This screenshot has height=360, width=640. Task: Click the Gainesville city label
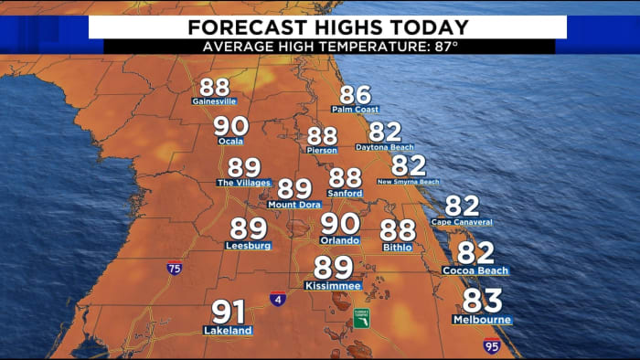214,101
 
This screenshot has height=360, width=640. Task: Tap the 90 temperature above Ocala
229,127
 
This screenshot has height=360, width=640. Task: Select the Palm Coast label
355,110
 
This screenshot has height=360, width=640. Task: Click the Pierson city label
322,150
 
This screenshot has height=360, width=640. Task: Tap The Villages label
243,183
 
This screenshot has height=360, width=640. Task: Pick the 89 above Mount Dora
294,188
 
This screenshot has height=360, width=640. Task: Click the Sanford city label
346,194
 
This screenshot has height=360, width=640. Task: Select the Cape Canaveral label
462,222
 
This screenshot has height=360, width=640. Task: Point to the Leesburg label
248,245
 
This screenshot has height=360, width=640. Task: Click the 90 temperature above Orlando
339,223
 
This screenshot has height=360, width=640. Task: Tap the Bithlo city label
398,247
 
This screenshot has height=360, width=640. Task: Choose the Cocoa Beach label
475,270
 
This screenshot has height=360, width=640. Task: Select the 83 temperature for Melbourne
482,300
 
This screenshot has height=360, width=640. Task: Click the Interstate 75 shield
174,269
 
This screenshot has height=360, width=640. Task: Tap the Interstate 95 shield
491,345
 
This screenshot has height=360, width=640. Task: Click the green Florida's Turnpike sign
362,318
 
